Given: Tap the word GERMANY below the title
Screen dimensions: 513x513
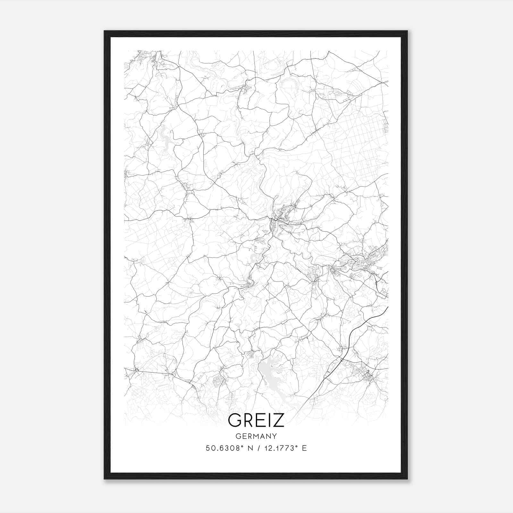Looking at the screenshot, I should (x=256, y=436).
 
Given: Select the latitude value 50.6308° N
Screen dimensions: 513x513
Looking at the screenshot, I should (x=229, y=448).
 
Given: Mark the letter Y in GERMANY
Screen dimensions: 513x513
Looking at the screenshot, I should (x=274, y=436).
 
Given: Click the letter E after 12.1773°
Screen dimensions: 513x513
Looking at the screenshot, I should (x=304, y=448).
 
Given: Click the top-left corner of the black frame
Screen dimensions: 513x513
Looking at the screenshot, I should (x=105, y=31).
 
